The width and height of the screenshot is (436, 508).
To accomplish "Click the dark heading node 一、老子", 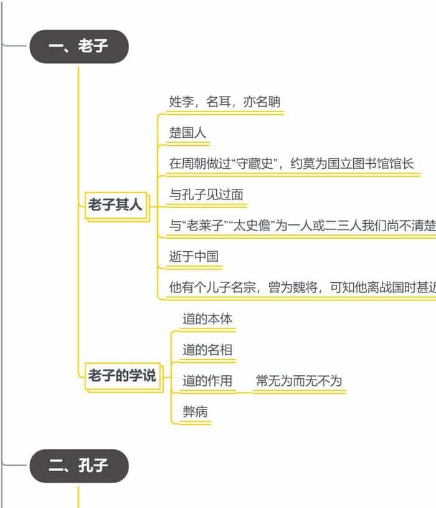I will click(x=79, y=46).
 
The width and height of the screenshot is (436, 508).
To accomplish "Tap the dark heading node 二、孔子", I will click(x=79, y=466).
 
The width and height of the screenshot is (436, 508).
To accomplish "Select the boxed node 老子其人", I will click(x=116, y=204).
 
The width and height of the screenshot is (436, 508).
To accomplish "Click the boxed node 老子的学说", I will click(x=122, y=376).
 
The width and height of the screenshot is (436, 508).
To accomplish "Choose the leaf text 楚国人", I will click(x=187, y=133).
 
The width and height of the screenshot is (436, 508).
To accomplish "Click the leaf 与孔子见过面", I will click(x=206, y=194).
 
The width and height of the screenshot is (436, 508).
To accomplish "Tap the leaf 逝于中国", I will click(x=194, y=256).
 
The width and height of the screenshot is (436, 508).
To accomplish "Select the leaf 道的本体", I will click(x=207, y=319).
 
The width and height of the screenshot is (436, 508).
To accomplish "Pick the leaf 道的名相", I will click(x=207, y=350).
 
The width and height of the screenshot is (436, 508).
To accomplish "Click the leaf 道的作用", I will click(x=207, y=381).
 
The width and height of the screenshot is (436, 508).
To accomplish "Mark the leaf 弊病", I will click(x=195, y=412).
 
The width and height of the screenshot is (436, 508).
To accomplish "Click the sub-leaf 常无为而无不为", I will click(x=299, y=381).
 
